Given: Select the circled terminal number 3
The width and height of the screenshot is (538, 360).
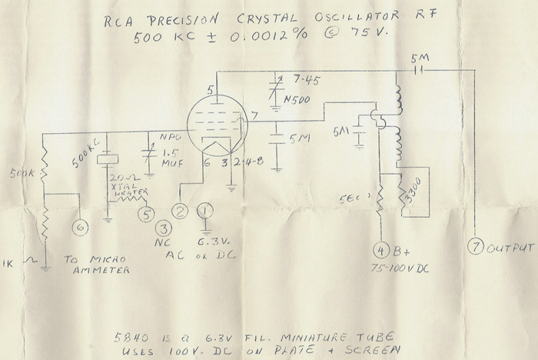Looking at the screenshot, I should [164, 228].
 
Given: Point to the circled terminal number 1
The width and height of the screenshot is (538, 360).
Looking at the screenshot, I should [205, 210].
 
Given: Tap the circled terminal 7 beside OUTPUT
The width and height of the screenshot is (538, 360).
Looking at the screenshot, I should [477, 248].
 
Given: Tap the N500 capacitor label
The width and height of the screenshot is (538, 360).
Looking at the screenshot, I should [297, 99].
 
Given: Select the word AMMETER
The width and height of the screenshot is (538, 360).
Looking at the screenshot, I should [97, 271].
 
